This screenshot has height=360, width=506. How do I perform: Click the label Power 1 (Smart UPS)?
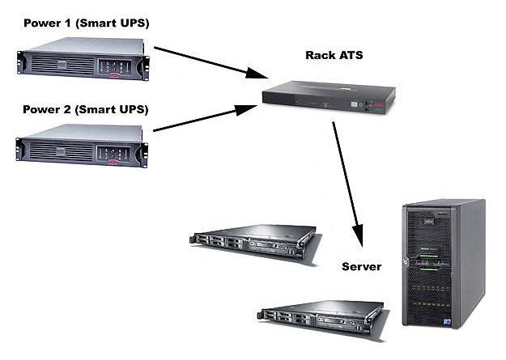tap(87, 23)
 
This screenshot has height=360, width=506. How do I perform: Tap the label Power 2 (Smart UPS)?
tap(86, 110)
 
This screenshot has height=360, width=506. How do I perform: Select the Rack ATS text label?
tap(334, 55)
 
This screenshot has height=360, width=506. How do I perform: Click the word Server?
tap(361, 267)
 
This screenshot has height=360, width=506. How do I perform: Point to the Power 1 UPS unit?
tap(83, 59)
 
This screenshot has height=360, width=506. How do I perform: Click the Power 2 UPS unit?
tap(82, 146)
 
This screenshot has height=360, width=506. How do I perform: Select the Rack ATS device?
tap(330, 97)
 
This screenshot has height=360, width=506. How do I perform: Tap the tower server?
tap(444, 264)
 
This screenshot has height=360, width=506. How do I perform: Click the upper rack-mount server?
tap(255, 244)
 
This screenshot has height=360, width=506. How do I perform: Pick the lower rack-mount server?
tap(323, 320)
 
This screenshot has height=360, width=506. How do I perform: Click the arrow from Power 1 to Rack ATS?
tap(210, 62)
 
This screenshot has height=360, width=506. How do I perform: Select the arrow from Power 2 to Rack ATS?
tap(206, 118)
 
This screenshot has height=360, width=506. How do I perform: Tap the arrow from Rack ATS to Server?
tap(348, 184)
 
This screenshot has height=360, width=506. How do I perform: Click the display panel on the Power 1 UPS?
tap(115, 67)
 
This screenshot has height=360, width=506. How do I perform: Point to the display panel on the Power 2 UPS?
tap(113, 155)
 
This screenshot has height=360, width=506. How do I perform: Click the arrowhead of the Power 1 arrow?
tap(257, 74)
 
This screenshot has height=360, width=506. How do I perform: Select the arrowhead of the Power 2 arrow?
tap(246, 110)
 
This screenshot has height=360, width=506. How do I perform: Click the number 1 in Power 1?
tap(67, 23)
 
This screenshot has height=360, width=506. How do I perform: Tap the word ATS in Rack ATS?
tap(351, 55)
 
